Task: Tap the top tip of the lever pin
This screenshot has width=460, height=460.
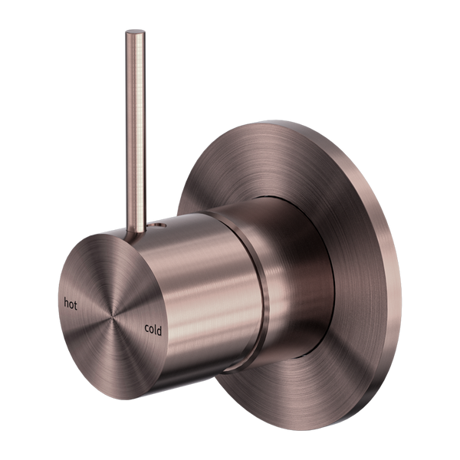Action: [x=135, y=31]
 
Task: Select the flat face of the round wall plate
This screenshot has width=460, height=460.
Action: [x=368, y=230]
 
